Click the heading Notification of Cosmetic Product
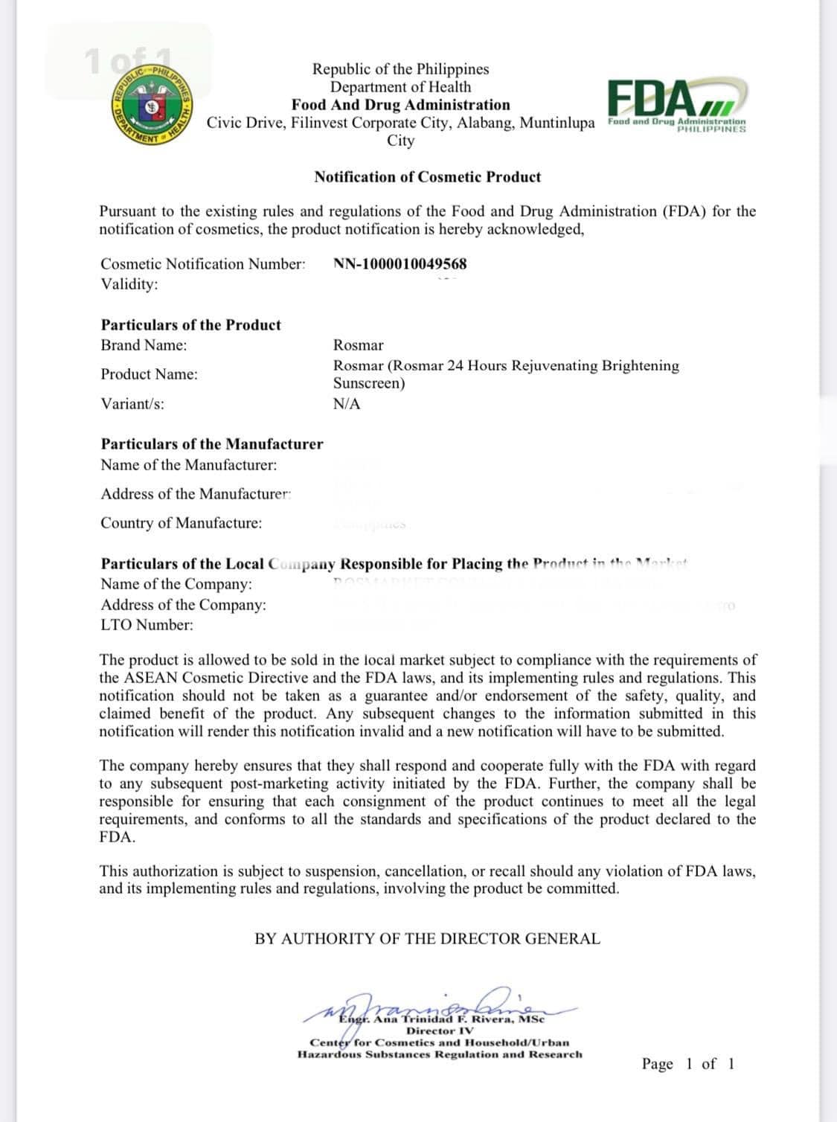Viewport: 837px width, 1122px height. (427, 177)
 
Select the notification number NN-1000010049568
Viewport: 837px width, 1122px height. (400, 264)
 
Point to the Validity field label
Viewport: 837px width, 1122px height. (129, 284)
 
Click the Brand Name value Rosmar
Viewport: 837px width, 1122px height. (359, 345)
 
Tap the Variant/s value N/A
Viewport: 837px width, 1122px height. (347, 404)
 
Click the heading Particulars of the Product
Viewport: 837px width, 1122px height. (191, 325)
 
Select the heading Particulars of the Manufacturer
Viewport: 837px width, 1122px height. (212, 444)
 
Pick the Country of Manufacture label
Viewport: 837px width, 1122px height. (182, 523)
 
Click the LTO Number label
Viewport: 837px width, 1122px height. (147, 625)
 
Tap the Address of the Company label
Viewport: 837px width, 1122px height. (183, 605)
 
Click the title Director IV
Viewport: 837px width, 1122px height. (439, 1031)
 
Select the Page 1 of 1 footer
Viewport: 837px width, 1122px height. (687, 1064)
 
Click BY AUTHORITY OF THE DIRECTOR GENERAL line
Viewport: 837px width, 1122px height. (427, 939)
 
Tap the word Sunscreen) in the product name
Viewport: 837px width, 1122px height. (369, 384)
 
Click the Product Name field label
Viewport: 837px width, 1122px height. (150, 374)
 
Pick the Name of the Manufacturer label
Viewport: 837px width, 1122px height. (189, 465)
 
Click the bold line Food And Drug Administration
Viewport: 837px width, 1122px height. (400, 105)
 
